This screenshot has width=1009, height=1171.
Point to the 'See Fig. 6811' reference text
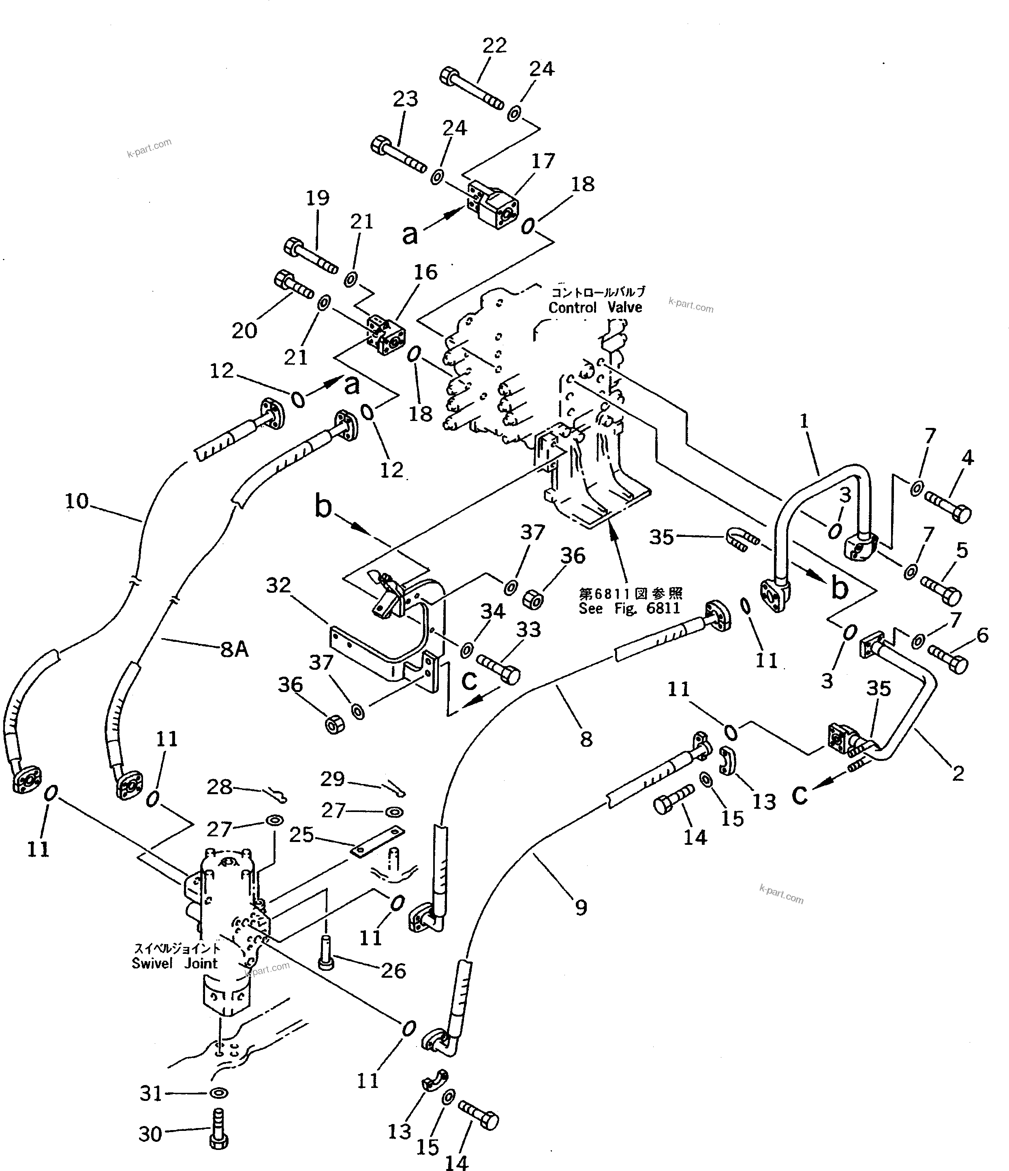(628, 609)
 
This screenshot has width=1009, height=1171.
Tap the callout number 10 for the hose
(77, 501)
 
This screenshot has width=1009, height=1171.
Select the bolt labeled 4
(948, 506)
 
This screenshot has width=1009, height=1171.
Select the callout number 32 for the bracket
(278, 585)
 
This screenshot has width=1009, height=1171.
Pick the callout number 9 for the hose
(581, 907)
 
